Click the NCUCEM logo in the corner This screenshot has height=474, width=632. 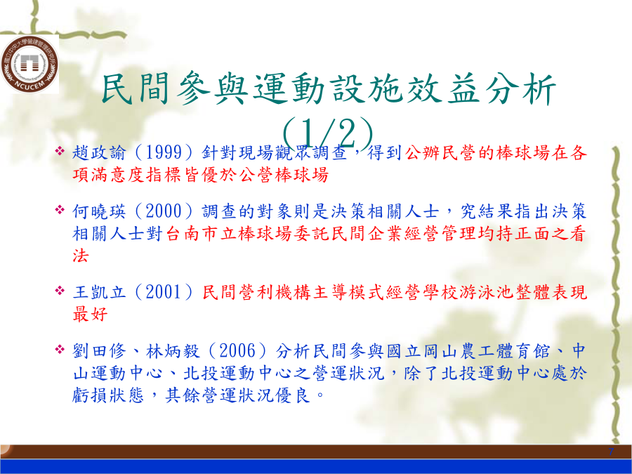[29, 65]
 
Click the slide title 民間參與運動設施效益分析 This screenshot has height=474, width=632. [329, 89]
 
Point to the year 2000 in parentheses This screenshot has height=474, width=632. [163, 211]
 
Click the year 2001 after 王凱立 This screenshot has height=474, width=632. [163, 292]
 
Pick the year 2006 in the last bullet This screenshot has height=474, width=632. [237, 350]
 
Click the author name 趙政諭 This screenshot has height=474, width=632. [99, 152]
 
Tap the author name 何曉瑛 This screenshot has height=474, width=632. [99, 211]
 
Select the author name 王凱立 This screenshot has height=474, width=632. [99, 292]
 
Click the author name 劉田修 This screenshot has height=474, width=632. [99, 350]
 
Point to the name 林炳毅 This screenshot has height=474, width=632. [173, 350]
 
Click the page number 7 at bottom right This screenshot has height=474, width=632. [611, 452]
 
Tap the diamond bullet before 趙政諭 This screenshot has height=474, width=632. [60, 151]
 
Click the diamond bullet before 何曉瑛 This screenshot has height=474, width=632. [60, 209]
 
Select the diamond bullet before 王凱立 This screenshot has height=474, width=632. [60, 290]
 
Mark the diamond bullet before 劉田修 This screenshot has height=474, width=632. [60, 349]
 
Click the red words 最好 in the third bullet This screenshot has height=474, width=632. [91, 314]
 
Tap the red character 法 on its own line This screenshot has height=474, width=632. [81, 256]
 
